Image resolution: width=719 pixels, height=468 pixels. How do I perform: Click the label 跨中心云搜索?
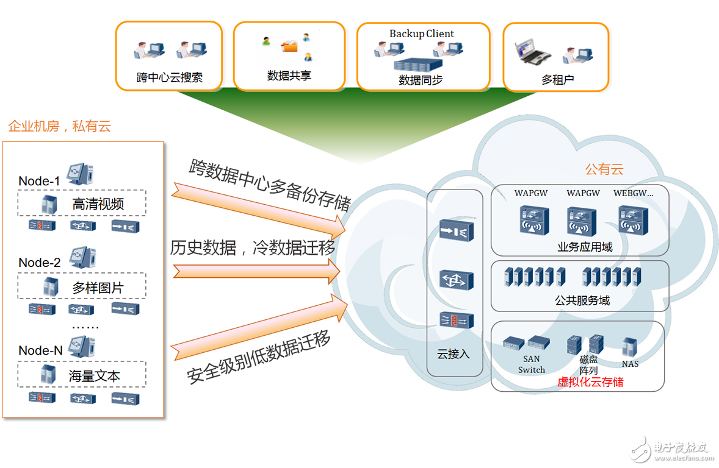[x=169, y=78]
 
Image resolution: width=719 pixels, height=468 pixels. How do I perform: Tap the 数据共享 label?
[x=289, y=76]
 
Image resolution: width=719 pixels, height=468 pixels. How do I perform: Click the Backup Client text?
[x=422, y=34]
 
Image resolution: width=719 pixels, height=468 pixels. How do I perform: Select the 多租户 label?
[x=557, y=79]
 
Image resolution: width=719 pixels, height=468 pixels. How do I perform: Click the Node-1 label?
[x=40, y=181]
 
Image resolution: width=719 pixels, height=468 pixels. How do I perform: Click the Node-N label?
[x=41, y=350]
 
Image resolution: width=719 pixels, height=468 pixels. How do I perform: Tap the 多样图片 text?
[x=98, y=288]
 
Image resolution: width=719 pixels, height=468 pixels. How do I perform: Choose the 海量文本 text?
[x=95, y=376]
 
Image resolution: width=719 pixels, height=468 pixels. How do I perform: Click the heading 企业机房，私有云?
[x=59, y=127]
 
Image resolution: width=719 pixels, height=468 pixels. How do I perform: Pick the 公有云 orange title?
[x=604, y=169]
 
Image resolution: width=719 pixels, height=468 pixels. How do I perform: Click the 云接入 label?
[x=453, y=354]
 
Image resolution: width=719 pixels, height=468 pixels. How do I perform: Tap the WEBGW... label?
[x=633, y=193]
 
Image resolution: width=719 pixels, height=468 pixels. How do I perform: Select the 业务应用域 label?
[x=585, y=247]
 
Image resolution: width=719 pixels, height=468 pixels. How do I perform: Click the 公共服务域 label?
[x=582, y=300]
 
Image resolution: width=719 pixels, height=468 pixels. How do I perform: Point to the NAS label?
[x=630, y=364]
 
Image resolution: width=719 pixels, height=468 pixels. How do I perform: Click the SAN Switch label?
[x=531, y=365]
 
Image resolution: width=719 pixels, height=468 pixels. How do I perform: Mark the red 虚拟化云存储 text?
[x=590, y=383]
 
